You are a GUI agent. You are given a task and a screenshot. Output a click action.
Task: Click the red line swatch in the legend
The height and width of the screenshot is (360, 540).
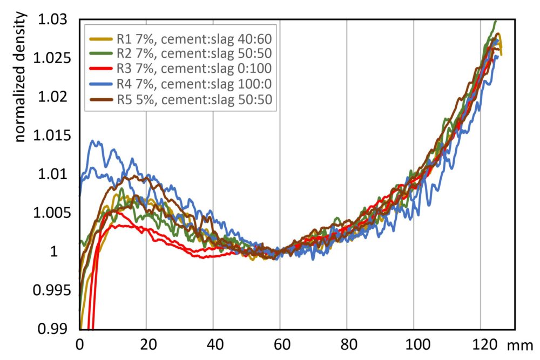click(x=100, y=69)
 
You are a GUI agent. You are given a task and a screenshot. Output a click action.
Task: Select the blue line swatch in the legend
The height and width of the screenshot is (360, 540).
click(x=100, y=84)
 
